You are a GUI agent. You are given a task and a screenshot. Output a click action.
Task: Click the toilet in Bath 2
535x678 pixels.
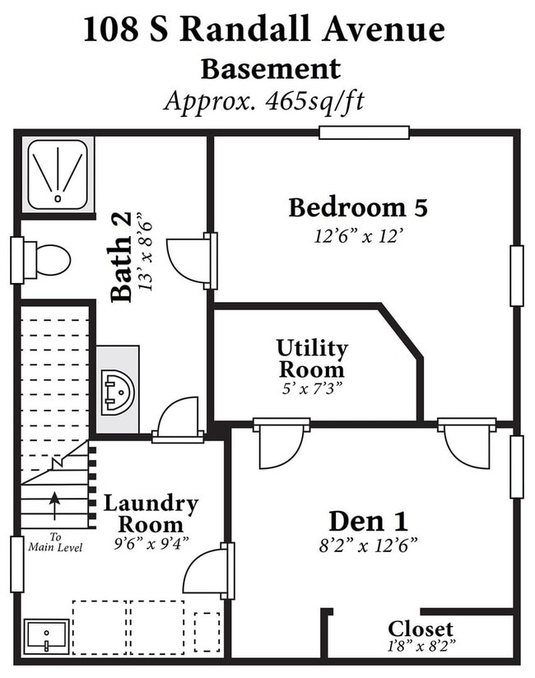pyautogui.click(x=47, y=260)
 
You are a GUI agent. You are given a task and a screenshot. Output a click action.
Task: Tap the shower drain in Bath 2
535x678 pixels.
pyautogui.click(x=58, y=198)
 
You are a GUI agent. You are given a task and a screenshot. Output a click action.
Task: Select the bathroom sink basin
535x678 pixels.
pyautogui.click(x=118, y=392)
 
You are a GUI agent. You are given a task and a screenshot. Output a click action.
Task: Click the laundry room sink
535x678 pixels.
pyautogui.click(x=46, y=637)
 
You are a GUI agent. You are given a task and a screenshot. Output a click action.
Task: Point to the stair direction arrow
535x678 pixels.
pyautogui.click(x=54, y=505)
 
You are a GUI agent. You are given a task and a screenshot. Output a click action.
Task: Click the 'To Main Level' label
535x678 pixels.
pyautogui.click(x=55, y=542)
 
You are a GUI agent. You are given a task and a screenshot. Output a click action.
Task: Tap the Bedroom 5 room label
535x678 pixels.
pyautogui.click(x=358, y=207)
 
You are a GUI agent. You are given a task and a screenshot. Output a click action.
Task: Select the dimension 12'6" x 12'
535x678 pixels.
pyautogui.click(x=359, y=236)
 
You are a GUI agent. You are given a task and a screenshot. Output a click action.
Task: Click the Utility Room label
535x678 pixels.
pyautogui.click(x=312, y=359)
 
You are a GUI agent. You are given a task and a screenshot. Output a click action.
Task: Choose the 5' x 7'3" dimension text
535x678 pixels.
pyautogui.click(x=312, y=388)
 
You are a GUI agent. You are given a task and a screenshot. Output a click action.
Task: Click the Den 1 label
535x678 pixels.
pyautogui.click(x=369, y=521)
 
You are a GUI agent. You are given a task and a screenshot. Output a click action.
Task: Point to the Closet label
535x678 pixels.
pyautogui.click(x=421, y=629)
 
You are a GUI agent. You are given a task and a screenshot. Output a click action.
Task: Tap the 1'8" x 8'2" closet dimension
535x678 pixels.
pyautogui.click(x=421, y=646)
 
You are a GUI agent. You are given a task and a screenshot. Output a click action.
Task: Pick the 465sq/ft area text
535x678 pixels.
pyautogui.click(x=315, y=101)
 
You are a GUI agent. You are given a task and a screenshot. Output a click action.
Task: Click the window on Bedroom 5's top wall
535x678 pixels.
pyautogui.click(x=364, y=132)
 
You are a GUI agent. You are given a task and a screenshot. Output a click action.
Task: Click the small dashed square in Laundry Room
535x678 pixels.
pyautogui.click(x=207, y=632)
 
